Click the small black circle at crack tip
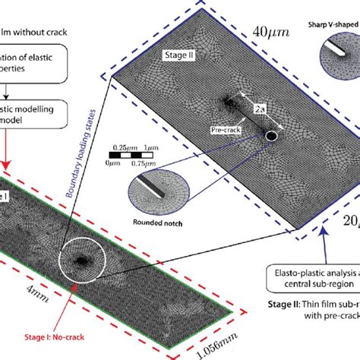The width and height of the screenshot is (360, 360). tap(272, 136)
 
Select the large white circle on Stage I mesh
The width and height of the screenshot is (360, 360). tap(79, 261)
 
